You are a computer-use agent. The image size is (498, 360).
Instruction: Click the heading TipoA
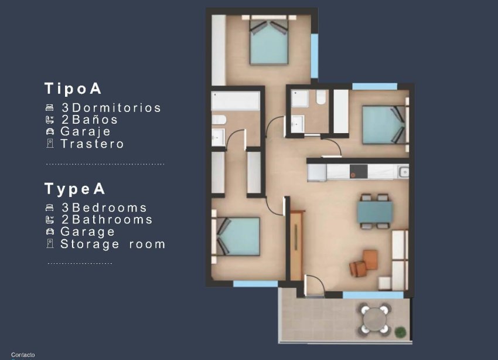[73, 89]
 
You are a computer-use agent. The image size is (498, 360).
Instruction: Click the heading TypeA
[75, 189]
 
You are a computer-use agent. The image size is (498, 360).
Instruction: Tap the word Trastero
[92, 144]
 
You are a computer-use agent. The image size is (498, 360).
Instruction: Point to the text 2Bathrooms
[107, 220]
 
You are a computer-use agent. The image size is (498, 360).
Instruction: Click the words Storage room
[112, 244]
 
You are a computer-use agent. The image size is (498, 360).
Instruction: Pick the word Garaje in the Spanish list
[86, 131]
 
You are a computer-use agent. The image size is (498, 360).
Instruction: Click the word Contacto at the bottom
[23, 355]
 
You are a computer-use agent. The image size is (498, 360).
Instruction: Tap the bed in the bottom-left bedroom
[238, 236]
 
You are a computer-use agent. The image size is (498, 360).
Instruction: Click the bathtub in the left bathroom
[236, 100]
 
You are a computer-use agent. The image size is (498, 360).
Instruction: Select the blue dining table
[375, 212]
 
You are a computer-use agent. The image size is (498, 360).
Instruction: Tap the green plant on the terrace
[401, 332]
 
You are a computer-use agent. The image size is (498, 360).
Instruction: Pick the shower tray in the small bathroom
[301, 99]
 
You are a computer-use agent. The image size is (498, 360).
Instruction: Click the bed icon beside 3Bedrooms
[50, 208]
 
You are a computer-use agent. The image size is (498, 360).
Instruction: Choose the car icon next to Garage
[50, 232]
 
